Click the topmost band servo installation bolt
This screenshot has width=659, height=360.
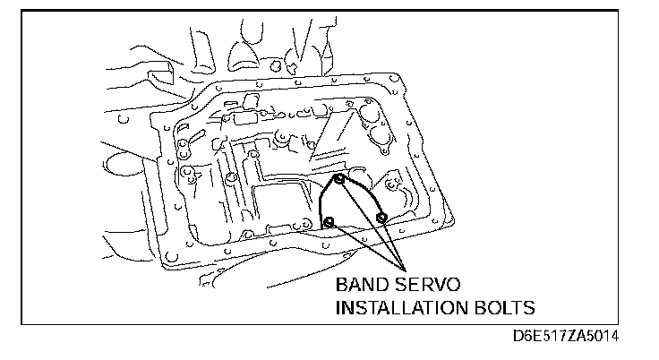point(339,179)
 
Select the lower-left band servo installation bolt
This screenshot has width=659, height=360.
point(329,221)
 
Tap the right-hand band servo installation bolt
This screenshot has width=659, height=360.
point(381,218)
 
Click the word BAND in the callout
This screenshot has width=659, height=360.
point(364,287)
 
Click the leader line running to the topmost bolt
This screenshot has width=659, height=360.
point(372,224)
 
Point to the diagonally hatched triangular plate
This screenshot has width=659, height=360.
point(339,134)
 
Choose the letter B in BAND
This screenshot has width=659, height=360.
point(342,287)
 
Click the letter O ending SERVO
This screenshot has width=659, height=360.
point(452,287)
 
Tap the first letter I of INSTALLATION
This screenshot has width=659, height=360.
point(338,308)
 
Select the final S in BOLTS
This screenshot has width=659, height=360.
point(528,308)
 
